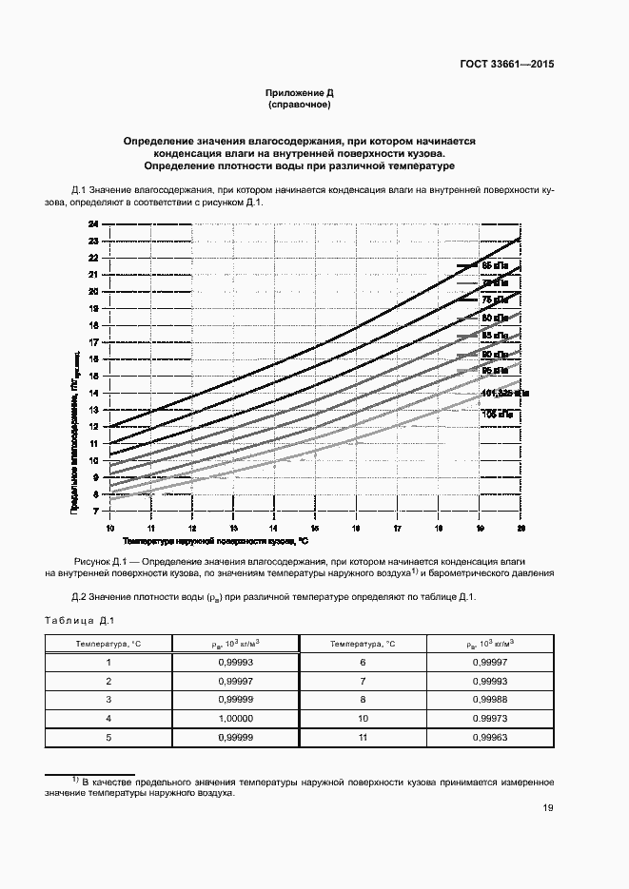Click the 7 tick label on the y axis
pos(93,511)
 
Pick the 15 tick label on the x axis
pos(314,528)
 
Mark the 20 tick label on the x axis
pos(520,528)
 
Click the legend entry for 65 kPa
pos(495,266)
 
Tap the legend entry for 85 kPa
pos(495,336)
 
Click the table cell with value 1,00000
pos(234,717)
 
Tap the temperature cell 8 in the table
pos(363,699)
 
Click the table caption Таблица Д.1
pos(79,621)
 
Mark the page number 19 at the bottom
pos(547,808)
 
